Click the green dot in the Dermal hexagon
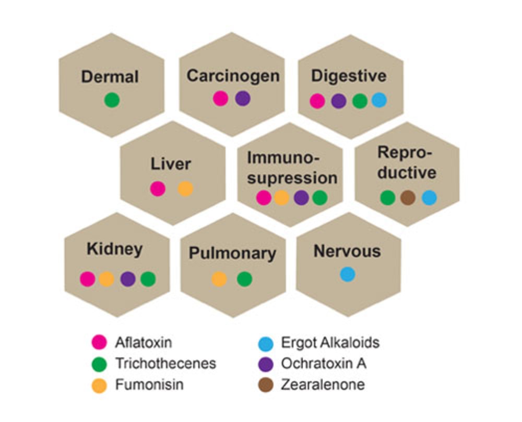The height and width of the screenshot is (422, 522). click(x=112, y=100)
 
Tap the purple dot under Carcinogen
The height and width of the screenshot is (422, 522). click(x=243, y=98)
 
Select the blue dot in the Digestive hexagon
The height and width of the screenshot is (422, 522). click(x=379, y=100)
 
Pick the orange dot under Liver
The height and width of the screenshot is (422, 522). click(x=185, y=189)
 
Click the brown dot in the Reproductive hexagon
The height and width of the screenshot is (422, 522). click(x=408, y=197)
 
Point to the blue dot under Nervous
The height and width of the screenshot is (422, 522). click(x=348, y=274)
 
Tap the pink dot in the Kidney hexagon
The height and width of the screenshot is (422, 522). click(x=88, y=279)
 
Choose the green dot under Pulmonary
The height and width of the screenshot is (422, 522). click(x=244, y=279)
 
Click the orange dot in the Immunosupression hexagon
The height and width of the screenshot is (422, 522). click(x=281, y=197)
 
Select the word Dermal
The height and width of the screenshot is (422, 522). click(x=110, y=77)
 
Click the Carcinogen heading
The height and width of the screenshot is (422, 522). click(x=233, y=76)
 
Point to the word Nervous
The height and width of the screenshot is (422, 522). click(x=347, y=251)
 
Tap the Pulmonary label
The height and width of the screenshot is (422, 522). click(x=232, y=254)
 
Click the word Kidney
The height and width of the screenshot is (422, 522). click(x=114, y=249)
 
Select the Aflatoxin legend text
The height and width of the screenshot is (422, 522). click(x=143, y=343)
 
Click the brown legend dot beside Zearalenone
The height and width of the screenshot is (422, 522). click(x=266, y=386)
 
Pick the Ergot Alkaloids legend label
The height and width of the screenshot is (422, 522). click(x=330, y=343)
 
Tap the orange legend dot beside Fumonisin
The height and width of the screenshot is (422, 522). click(x=99, y=386)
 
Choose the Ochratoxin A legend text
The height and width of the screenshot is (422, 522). click(x=323, y=363)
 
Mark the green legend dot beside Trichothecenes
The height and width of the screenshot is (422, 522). click(x=99, y=364)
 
